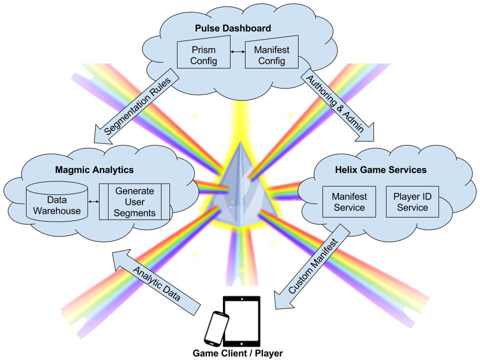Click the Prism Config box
[203, 55]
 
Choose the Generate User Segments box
[134, 202]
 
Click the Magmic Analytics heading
[94, 169]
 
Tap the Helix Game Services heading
[380, 169]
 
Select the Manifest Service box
[349, 202]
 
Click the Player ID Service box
[412, 202]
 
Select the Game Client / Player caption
[238, 353]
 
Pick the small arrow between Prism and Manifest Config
[237, 51]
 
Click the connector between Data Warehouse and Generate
[93, 202]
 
